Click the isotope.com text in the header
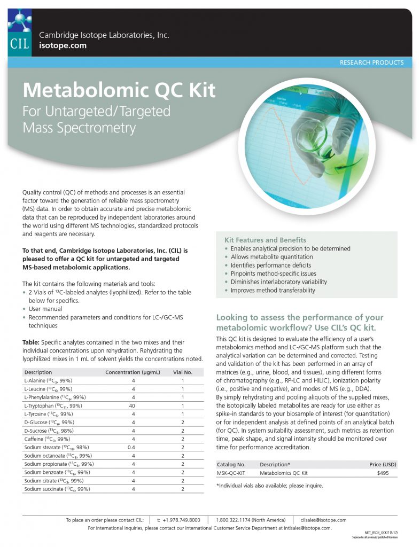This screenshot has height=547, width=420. click(63, 46)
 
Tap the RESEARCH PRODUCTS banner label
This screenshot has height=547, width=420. click(371, 62)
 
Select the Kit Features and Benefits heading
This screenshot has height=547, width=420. click(265, 240)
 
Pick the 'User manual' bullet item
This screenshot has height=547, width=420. click(45, 309)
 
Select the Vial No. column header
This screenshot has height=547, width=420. click(182, 372)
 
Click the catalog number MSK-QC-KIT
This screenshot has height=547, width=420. click(231, 473)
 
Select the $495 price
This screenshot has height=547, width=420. click(383, 473)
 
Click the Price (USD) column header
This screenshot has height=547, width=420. click(383, 465)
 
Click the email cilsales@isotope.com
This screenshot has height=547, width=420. click(323, 520)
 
